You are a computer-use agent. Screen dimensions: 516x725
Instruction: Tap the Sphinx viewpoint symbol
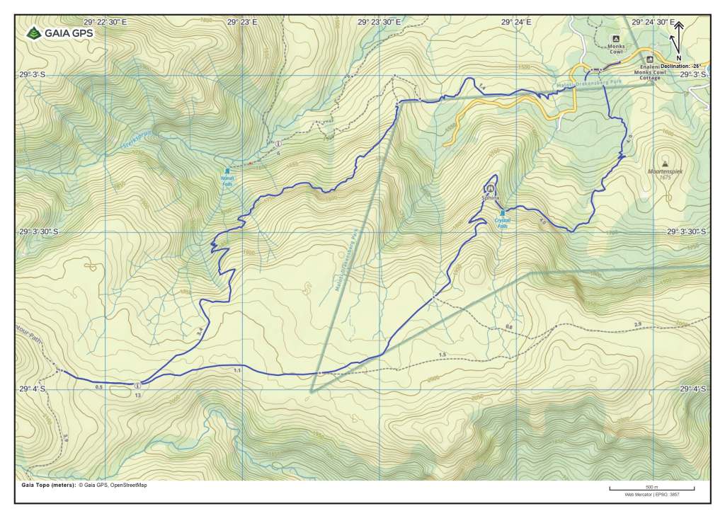click(x=490, y=188)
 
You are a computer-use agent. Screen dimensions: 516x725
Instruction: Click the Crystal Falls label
click(x=503, y=222)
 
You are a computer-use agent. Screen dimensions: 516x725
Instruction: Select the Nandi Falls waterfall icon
click(x=227, y=171)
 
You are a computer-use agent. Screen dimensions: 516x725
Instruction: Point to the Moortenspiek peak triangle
click(x=663, y=163)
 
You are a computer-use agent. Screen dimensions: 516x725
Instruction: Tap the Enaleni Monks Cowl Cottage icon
click(x=650, y=59)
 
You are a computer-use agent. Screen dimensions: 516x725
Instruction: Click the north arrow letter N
click(x=678, y=58)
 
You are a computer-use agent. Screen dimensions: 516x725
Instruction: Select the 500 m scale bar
click(x=651, y=488)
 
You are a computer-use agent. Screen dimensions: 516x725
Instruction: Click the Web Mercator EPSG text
click(x=651, y=495)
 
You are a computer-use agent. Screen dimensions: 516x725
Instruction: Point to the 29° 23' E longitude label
click(x=242, y=22)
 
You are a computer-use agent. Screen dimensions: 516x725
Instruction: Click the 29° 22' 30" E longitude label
click(x=105, y=22)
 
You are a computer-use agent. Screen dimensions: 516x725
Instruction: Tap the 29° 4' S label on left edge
click(x=33, y=389)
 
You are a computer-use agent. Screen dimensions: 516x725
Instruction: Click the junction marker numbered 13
click(x=137, y=385)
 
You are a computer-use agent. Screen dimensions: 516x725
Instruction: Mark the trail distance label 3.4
click(x=200, y=329)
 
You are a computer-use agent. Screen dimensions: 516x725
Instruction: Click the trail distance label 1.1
click(x=236, y=370)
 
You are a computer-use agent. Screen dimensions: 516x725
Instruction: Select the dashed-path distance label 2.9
click(x=637, y=323)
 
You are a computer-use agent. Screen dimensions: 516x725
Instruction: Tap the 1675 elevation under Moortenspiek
click(x=663, y=177)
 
